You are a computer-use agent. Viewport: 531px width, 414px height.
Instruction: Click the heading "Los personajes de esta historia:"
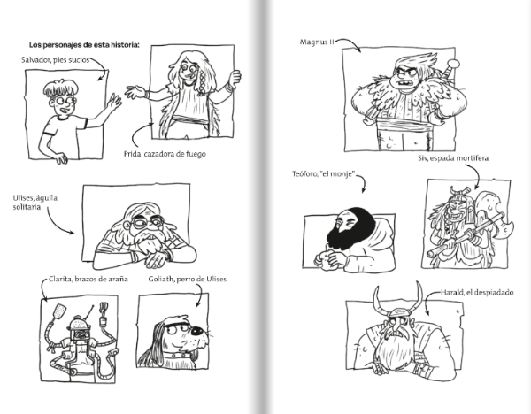84,45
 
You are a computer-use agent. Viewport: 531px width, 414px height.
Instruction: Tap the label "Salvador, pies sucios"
55,60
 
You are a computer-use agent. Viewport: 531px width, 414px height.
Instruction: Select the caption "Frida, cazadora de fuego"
165,154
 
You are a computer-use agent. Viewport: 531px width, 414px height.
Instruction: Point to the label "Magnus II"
317,42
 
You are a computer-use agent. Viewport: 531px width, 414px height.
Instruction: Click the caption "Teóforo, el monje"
324,174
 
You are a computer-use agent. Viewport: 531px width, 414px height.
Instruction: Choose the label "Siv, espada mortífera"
453,158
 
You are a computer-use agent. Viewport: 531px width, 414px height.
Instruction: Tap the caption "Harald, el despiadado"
477,292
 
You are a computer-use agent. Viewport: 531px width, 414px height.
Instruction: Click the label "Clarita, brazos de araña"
88,279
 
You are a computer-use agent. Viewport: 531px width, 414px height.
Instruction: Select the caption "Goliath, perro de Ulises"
188,279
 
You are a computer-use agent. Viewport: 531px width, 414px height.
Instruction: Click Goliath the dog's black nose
196,331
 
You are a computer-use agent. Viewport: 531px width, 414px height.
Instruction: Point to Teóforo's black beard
350,229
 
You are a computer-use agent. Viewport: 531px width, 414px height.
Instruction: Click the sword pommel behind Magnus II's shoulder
453,64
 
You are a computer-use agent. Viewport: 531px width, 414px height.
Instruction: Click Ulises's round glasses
147,222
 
